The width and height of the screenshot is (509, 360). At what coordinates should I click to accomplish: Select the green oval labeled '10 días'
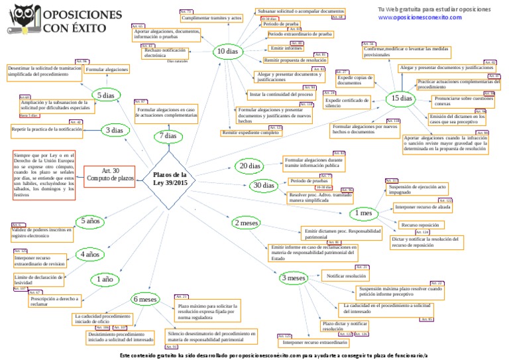tap(227, 51)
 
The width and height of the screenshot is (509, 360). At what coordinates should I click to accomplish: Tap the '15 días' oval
tap(402, 98)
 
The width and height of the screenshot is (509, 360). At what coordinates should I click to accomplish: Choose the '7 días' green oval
tap(168, 136)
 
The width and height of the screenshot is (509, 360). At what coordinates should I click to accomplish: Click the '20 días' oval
tap(251, 165)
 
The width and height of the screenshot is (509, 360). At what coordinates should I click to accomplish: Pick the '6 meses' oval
tap(144, 300)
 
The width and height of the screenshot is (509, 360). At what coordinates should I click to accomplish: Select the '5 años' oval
tap(91, 221)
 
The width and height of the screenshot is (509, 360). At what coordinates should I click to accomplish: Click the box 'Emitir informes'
tap(286, 48)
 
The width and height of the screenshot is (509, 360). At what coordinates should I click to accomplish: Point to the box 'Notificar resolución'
tap(346, 274)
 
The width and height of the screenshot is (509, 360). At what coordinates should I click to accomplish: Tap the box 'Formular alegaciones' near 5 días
tap(107, 69)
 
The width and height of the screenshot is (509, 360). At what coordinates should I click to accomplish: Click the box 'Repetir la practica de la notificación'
tap(47, 129)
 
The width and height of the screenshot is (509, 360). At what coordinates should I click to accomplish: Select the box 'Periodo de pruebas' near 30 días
tap(309, 180)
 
